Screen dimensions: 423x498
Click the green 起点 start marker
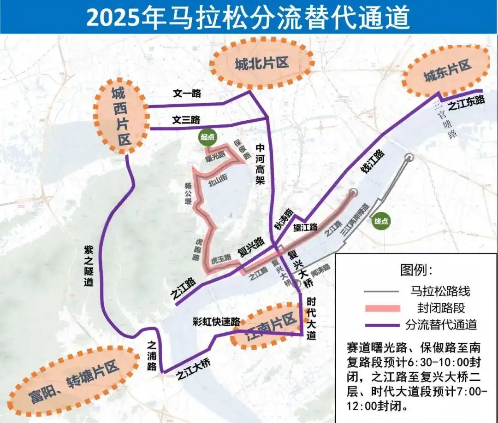coord(207,136)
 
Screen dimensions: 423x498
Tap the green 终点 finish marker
coord(382,221)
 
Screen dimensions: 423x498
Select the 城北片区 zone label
coord(261,64)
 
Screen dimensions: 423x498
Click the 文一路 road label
coord(187,94)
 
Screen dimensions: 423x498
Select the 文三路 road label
coord(186,120)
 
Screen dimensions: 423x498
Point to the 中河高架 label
coord(260,164)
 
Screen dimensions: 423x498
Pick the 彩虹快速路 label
coord(217,321)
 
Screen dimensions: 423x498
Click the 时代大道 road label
coord(311,317)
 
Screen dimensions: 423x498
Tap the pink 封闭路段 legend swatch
coord(381,308)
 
